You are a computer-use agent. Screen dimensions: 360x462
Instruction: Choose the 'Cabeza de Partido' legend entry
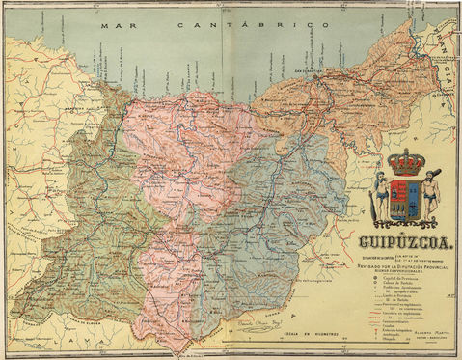tap(397, 284)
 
